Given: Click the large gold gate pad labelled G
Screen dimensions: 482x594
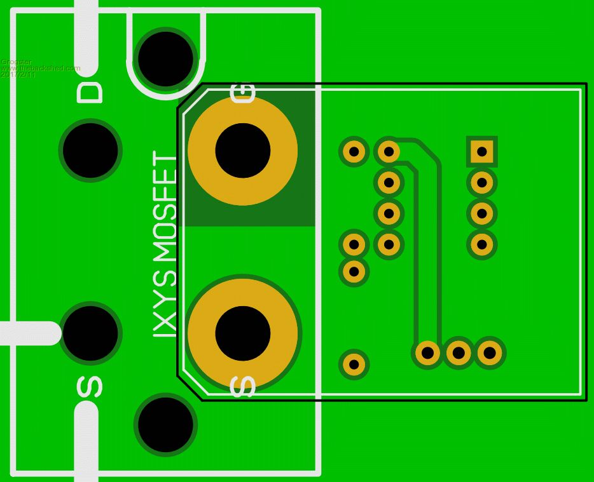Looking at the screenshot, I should (x=243, y=151).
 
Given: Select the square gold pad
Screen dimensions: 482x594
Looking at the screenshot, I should (x=482, y=151).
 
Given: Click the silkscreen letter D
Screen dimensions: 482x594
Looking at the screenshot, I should (x=89, y=91).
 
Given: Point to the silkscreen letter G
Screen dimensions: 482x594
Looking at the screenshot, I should (x=243, y=93).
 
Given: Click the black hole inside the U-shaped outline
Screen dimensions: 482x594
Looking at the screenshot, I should (x=165, y=58).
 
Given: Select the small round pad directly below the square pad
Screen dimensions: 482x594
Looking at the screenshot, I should (x=482, y=183).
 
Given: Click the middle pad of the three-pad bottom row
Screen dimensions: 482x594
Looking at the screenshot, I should (x=458, y=352).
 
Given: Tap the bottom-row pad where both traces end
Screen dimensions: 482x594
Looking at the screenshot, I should (x=427, y=352).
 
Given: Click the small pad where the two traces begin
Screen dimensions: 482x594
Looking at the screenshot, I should (x=387, y=152).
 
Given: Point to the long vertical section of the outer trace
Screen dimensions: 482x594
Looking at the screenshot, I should (x=436, y=254).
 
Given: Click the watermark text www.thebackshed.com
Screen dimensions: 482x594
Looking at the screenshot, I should (x=41, y=68).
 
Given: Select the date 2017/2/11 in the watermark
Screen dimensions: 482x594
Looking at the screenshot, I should (x=18, y=74).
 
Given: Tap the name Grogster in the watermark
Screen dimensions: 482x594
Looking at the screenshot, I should (x=13, y=62).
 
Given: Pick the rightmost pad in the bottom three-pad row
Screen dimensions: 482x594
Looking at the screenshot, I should (x=488, y=352).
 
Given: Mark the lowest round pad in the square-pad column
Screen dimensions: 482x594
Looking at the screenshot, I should (x=482, y=243).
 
